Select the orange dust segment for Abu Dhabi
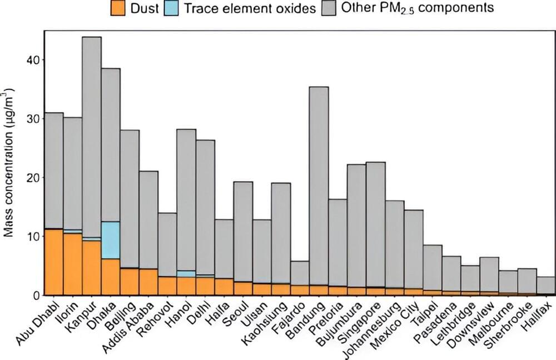pyautogui.click(x=54, y=262)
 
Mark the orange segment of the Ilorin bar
pyautogui.click(x=73, y=264)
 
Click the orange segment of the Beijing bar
pyautogui.click(x=130, y=281)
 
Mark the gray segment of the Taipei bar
pyautogui.click(x=432, y=267)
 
